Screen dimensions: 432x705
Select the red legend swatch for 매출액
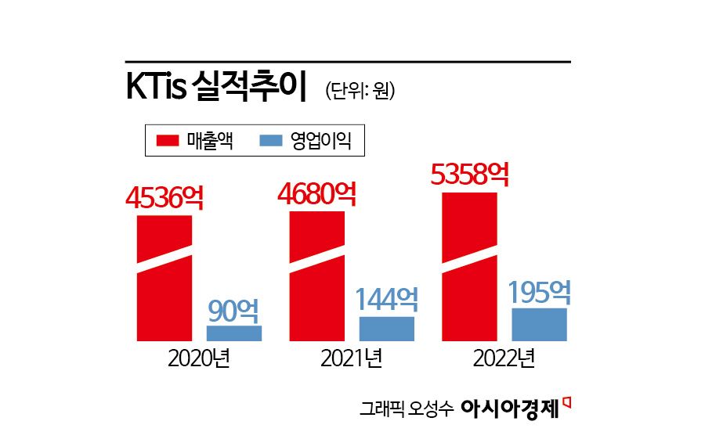(x=168, y=141)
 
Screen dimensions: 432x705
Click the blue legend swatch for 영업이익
(x=269, y=141)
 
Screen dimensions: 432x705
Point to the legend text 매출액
(x=210, y=141)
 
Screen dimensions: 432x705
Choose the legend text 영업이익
(x=319, y=141)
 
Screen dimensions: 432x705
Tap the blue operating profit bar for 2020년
(x=234, y=333)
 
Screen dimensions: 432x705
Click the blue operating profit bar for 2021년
(x=386, y=329)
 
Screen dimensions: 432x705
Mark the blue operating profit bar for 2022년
(x=539, y=325)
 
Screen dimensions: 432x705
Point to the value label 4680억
(x=316, y=193)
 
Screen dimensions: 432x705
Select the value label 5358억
(x=470, y=174)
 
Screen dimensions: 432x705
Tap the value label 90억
(x=233, y=311)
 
